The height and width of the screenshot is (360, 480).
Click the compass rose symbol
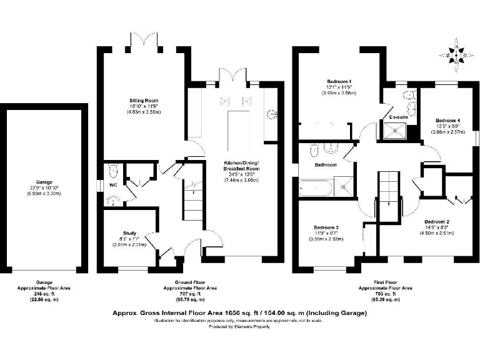(458, 54)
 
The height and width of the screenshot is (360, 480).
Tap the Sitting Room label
(144, 100)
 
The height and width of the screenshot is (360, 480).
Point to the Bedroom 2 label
(437, 222)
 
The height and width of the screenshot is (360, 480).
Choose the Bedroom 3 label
(327, 227)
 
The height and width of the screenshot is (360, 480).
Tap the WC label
(114, 185)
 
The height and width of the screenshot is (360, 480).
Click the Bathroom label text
(326, 165)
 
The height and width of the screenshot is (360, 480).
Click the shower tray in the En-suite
(398, 129)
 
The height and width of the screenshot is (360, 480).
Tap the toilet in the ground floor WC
(113, 170)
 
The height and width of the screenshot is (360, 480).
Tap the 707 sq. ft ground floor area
(191, 294)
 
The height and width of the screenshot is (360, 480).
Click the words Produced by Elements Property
(239, 326)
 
